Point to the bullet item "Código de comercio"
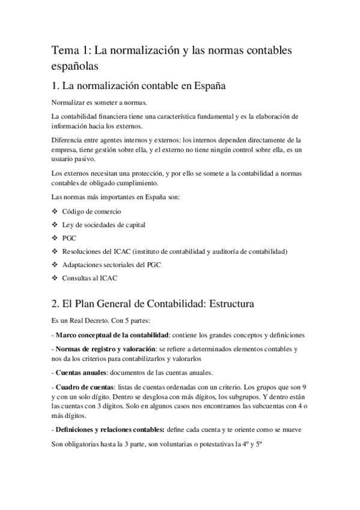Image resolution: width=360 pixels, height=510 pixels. (91, 212)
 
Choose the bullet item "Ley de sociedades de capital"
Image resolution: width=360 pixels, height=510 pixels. (103, 225)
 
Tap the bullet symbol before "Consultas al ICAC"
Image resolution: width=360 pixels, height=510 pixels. (55, 278)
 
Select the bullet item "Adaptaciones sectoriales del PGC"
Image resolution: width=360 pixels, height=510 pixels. (112, 265)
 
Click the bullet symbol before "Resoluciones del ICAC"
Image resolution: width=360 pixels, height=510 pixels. (55, 251)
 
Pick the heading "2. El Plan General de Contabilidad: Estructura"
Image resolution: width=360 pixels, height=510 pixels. (153, 304)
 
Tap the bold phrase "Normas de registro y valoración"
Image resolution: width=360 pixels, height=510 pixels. (106, 349)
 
